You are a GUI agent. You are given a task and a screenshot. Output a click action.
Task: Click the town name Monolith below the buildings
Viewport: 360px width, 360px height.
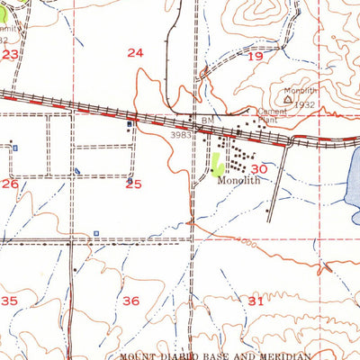tap(239, 180)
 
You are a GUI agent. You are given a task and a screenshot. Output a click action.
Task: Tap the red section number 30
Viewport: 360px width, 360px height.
tap(260, 168)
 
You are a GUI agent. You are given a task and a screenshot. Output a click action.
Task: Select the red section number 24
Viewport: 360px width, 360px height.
tap(135, 53)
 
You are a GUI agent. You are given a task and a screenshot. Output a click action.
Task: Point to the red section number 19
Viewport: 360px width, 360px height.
tap(255, 56)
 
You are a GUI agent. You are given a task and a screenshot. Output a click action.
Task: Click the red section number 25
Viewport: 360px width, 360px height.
tap(133, 184)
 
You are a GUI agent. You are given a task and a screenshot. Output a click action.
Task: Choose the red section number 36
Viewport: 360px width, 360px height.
tap(131, 301)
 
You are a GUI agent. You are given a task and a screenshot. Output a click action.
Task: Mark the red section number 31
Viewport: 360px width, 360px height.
tap(256, 301)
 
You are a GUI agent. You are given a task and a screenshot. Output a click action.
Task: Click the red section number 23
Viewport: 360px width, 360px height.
tap(10, 55)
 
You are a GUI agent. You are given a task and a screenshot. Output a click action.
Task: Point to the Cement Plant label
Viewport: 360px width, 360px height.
tap(273, 114)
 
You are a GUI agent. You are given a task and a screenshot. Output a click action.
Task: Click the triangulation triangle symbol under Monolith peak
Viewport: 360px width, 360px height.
tap(288, 101)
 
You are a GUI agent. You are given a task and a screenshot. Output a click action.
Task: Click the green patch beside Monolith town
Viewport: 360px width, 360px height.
tap(216, 164)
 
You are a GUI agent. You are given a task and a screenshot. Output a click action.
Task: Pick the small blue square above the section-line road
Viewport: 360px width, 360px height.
tap(96, 234)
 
